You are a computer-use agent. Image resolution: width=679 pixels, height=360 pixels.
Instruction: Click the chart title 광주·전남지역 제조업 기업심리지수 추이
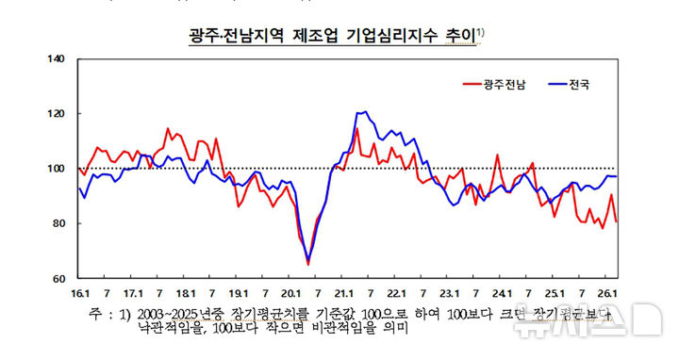332,37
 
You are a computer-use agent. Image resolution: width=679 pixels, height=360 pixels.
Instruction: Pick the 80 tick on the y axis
57,223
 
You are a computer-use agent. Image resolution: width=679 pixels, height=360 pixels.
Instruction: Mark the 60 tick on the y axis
57,278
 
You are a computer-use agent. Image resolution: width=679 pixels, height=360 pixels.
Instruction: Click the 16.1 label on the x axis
80,292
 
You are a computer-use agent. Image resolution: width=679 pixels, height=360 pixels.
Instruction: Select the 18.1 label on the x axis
186,292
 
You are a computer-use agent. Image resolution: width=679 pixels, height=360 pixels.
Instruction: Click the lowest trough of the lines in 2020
307,263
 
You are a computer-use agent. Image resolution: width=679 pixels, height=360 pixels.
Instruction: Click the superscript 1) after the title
481,33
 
